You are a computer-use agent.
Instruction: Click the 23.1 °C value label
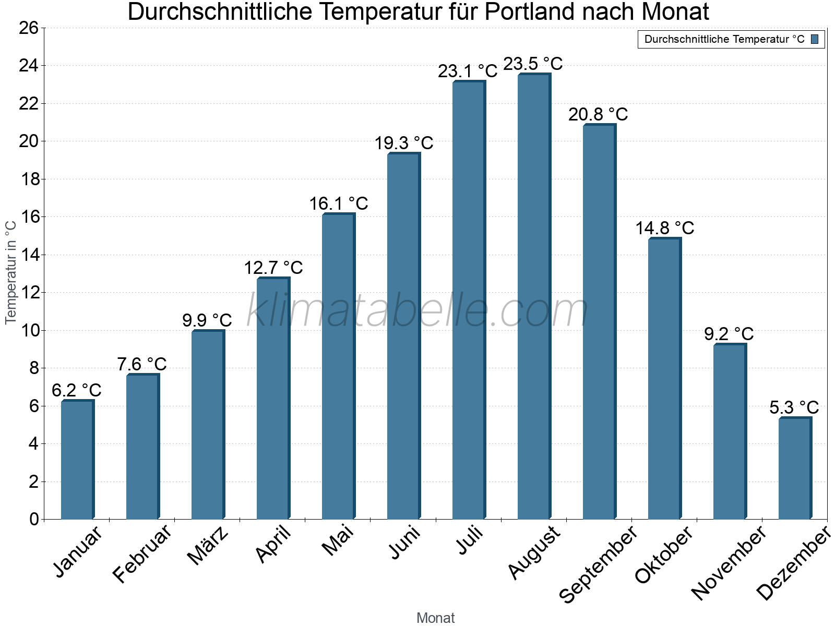(x=468, y=71)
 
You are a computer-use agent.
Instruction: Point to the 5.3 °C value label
(x=794, y=407)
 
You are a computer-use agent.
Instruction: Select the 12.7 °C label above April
(x=273, y=268)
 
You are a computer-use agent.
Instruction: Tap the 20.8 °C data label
(x=598, y=114)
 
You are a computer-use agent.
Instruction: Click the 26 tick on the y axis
(x=29, y=28)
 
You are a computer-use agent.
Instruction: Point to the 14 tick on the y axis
(x=29, y=255)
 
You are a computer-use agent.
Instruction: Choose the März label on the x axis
(x=208, y=546)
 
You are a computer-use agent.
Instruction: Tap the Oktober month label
(x=664, y=555)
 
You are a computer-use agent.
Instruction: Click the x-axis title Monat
(x=436, y=618)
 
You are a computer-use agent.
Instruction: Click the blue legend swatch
(x=815, y=39)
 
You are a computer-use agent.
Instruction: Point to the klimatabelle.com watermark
(x=417, y=310)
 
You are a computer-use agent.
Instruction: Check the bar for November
(x=730, y=431)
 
